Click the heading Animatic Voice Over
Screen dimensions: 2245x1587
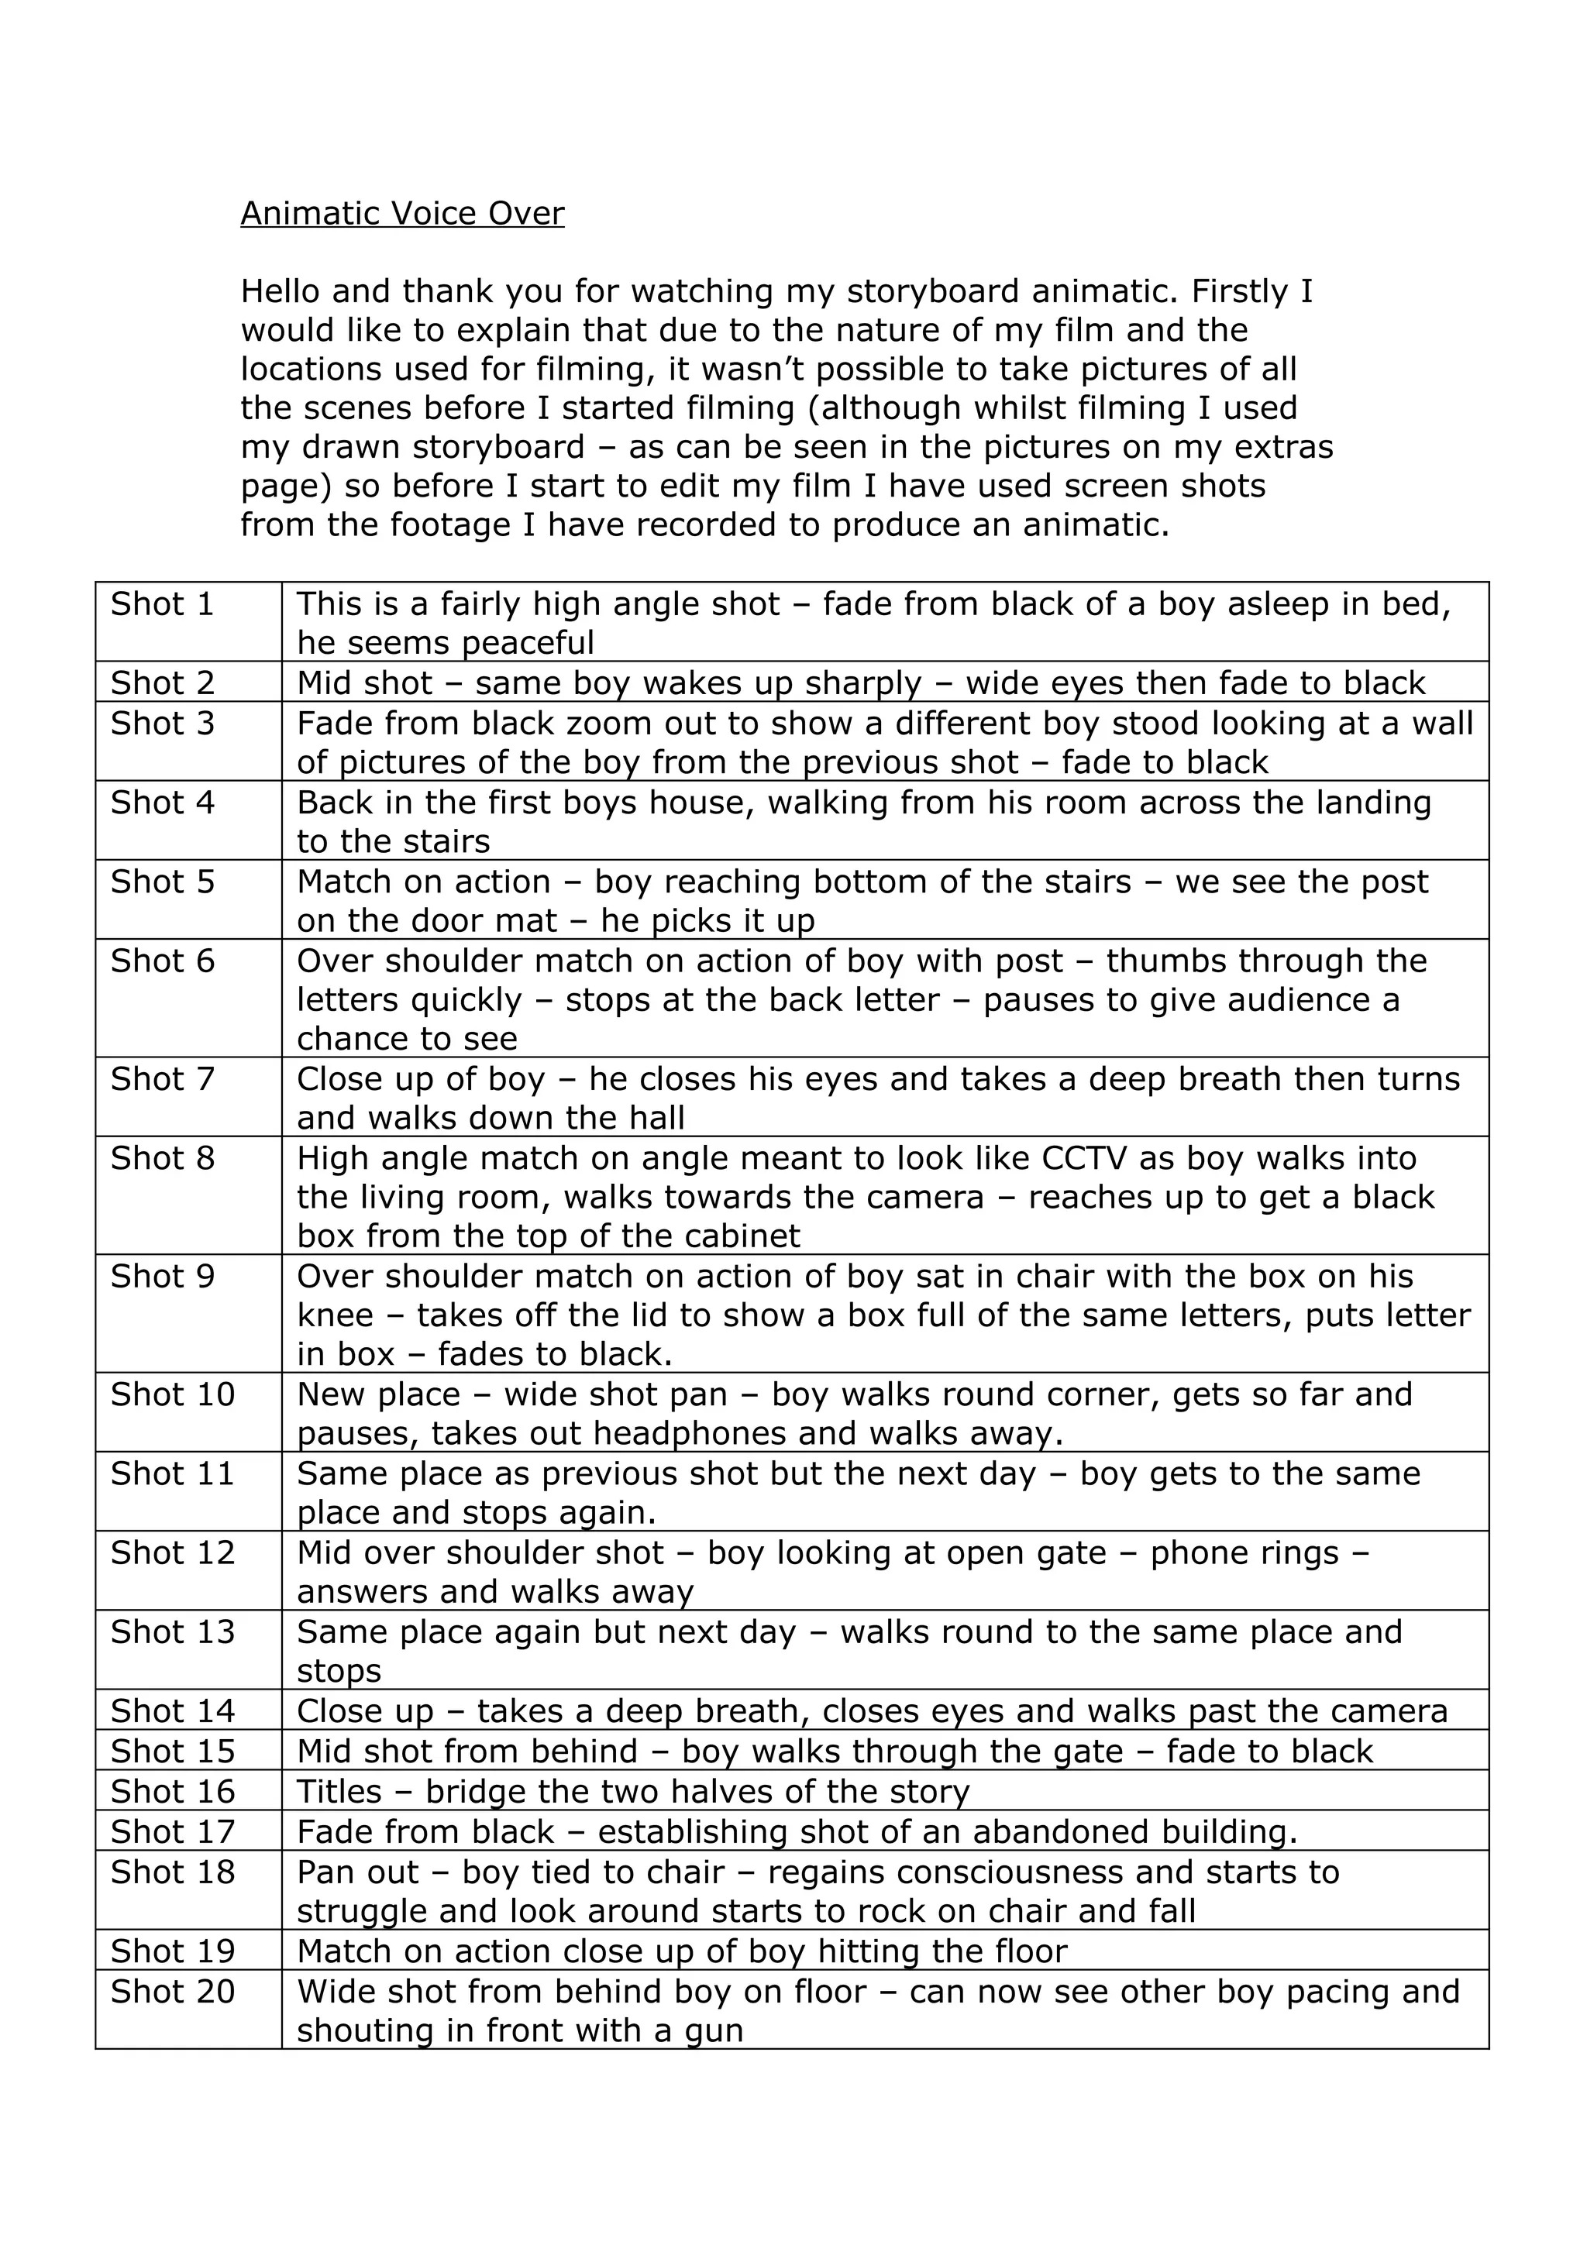point(402,213)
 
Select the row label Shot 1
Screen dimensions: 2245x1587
point(162,604)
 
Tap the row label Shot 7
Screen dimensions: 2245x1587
point(162,1078)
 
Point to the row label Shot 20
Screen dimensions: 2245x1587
point(172,1991)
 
